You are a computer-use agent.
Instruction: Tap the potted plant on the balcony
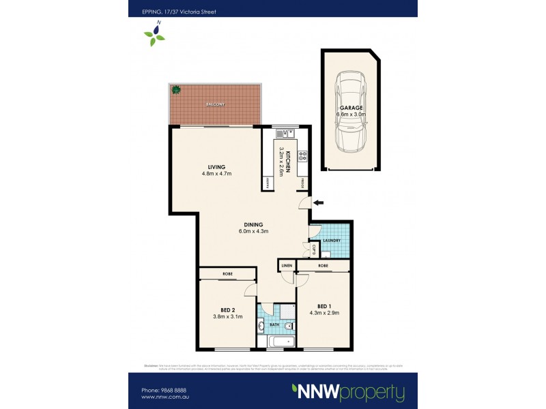coord(176,89)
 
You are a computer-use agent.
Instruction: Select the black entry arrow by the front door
coord(319,202)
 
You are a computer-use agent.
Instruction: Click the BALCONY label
coord(215,104)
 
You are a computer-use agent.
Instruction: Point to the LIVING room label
coord(217,167)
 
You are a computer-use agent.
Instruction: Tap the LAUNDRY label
coord(332,240)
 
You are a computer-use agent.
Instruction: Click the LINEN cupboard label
coord(286,265)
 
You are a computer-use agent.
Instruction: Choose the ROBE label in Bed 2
coord(227,273)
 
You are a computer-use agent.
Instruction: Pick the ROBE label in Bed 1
coord(323,265)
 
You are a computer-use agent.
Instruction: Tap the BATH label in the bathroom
coord(276,325)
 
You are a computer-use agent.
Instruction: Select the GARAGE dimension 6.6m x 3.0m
coord(352,115)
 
